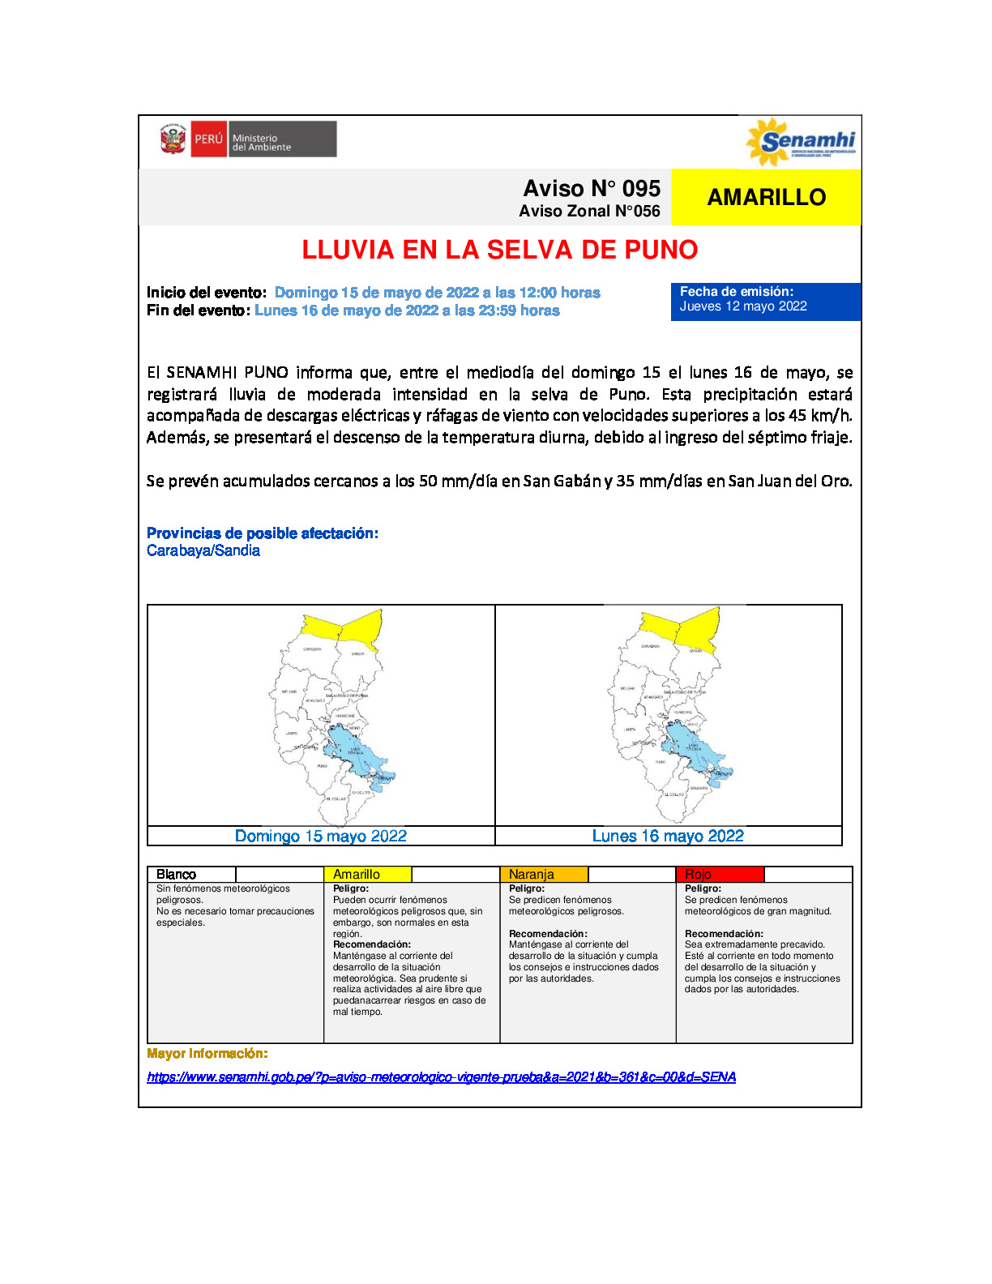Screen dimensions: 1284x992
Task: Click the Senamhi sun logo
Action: pos(766,142)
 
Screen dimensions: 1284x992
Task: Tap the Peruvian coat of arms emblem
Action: pos(172,139)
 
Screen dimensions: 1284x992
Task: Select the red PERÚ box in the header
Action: pos(208,139)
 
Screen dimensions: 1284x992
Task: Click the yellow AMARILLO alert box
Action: pos(766,197)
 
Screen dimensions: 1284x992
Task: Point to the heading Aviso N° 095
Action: pos(592,189)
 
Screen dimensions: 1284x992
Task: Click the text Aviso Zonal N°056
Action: pos(589,212)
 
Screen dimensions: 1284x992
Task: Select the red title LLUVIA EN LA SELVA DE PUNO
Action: pos(499,250)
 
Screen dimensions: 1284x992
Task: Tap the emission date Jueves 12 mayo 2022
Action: pos(743,306)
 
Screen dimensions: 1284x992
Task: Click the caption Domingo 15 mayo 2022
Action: pos(321,836)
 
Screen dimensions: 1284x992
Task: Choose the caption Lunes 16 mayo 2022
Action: pos(668,836)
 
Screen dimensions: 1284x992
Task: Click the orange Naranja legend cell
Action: pos(544,875)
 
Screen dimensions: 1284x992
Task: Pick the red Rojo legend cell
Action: pos(720,875)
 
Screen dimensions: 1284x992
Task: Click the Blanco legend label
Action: pos(176,875)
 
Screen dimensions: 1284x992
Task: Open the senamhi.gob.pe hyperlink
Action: pos(441,1077)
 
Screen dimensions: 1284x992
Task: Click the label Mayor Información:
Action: pos(207,1054)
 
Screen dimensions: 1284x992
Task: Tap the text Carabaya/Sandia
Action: pos(203,550)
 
